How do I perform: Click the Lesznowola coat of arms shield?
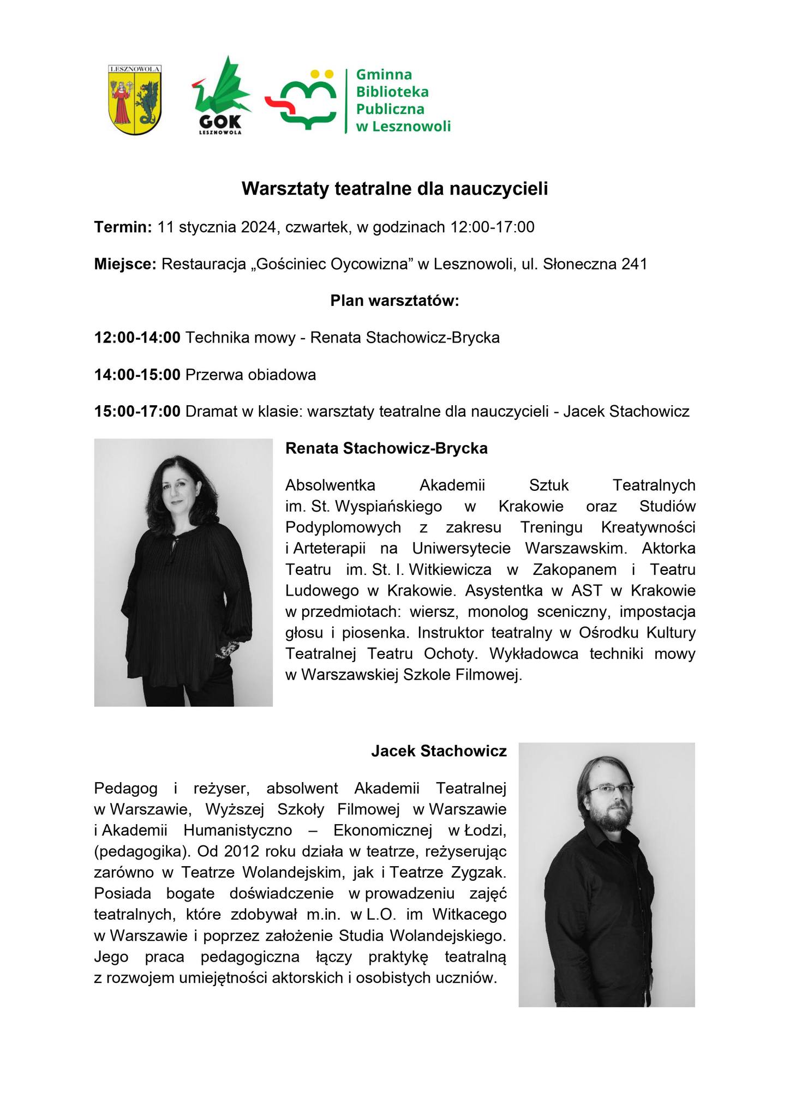pos(134,100)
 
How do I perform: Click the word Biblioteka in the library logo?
pos(392,92)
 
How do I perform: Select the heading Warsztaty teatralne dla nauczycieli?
pos(394,189)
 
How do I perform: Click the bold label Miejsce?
pos(125,265)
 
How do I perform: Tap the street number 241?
pos(633,265)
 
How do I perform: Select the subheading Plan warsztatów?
pos(394,301)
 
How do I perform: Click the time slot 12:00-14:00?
pos(137,338)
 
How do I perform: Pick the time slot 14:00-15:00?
pos(137,375)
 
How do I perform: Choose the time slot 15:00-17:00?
pos(137,411)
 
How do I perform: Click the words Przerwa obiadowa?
pos(250,375)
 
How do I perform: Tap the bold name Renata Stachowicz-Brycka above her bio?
pos(386,448)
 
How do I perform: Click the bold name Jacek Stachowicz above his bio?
pos(439,751)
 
